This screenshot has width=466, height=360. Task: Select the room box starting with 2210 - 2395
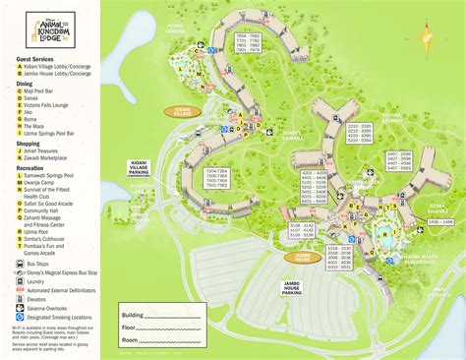[x=358, y=133]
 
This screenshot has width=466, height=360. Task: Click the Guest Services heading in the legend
[x=37, y=59]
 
